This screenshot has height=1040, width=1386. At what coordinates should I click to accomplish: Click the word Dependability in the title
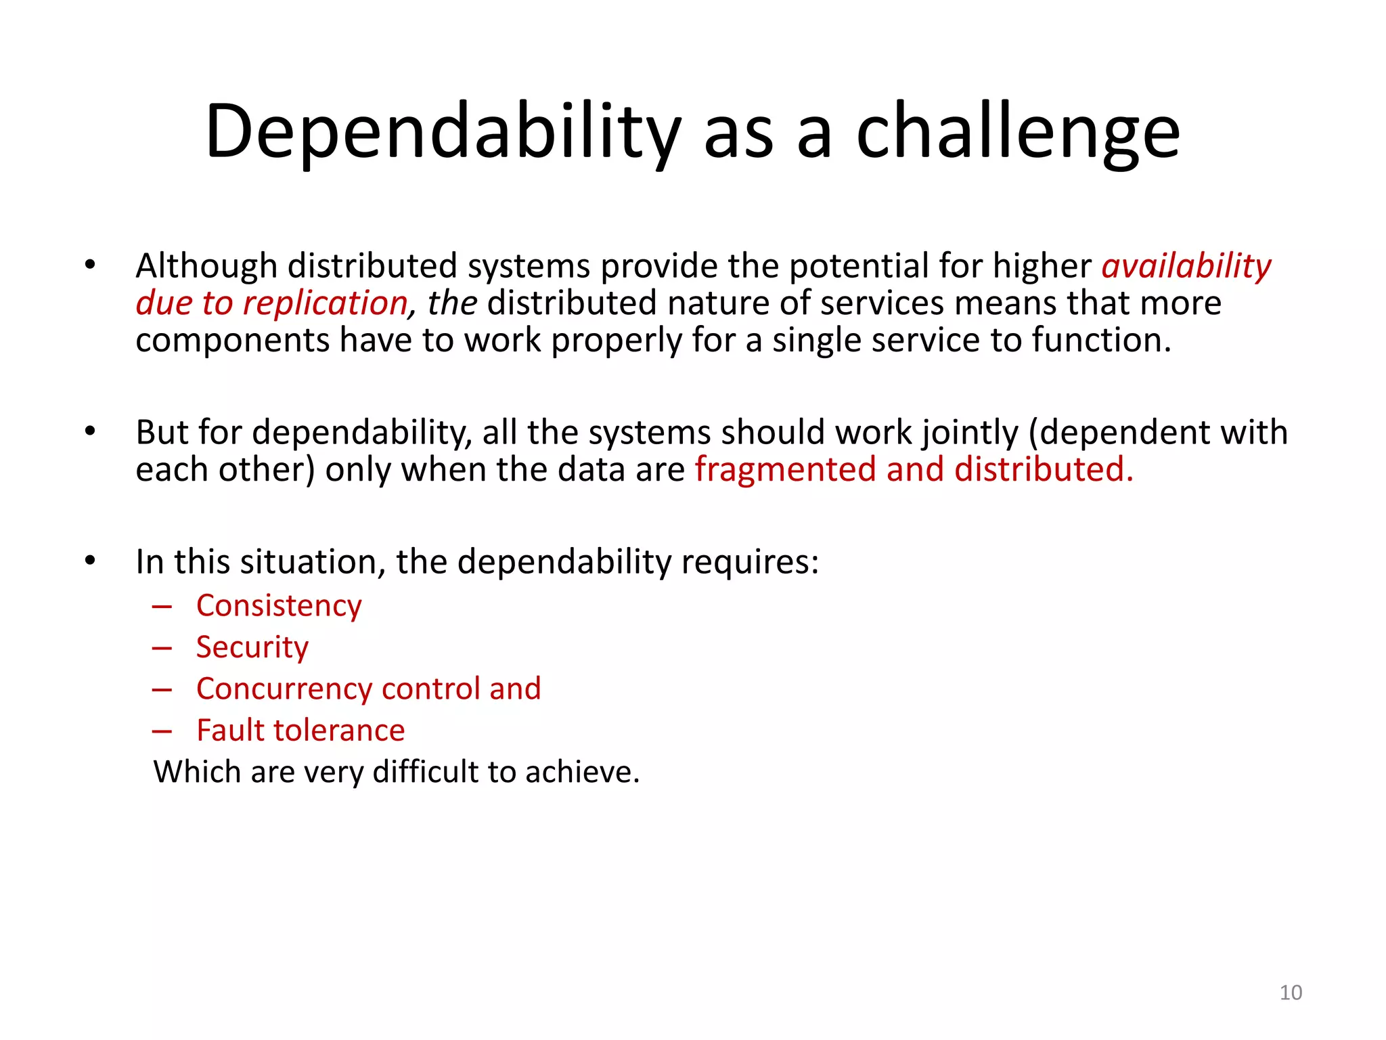[443, 132]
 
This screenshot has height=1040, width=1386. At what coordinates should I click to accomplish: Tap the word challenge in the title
[1018, 132]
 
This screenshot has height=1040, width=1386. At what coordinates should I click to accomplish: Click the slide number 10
[1291, 993]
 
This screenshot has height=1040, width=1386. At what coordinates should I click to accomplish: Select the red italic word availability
[1186, 266]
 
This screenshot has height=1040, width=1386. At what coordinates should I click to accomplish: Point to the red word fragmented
[785, 469]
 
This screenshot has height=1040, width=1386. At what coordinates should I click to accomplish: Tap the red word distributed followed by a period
[1042, 469]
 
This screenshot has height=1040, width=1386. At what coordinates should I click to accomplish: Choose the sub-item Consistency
[279, 606]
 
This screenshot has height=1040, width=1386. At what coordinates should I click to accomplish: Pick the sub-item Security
[252, 647]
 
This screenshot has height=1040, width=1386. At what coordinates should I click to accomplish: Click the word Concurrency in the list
[284, 689]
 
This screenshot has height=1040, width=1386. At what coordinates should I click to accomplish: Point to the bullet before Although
[90, 265]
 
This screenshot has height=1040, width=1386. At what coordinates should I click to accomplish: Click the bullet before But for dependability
[90, 431]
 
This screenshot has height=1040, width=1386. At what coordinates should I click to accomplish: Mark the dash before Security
[162, 648]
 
